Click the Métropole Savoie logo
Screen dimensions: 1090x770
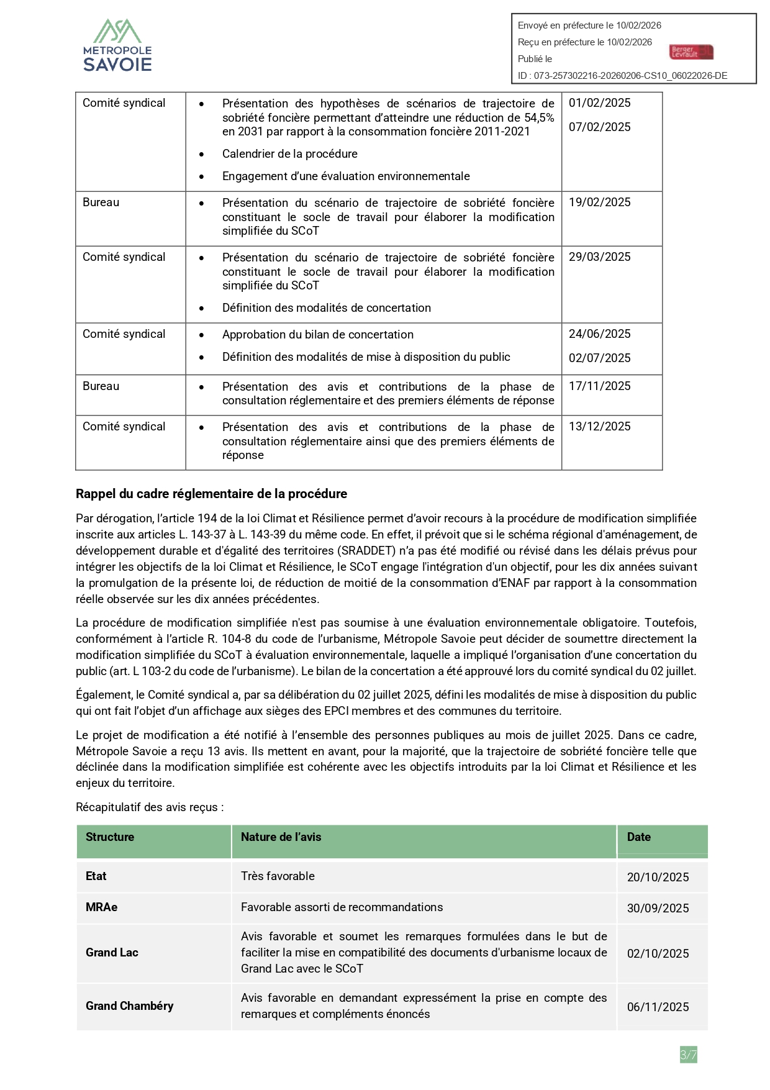point(118,45)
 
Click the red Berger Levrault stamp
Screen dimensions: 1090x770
point(691,52)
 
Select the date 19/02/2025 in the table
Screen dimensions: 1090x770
point(599,202)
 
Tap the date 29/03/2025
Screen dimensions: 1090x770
point(599,257)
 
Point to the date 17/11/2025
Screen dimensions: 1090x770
point(599,386)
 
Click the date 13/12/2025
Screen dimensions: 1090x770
point(599,427)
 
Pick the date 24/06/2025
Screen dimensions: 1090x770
point(599,334)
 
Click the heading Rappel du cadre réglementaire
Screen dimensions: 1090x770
point(211,494)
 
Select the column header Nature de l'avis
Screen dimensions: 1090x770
point(281,837)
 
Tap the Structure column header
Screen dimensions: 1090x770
point(110,837)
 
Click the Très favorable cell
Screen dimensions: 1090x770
point(278,876)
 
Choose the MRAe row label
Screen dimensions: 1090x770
point(101,907)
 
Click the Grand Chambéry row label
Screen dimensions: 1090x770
point(129,1006)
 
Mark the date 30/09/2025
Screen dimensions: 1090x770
point(658,909)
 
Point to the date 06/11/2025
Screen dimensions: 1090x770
point(658,1007)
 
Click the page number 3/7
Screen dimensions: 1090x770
point(688,1055)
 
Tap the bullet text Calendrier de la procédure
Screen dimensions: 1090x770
point(289,154)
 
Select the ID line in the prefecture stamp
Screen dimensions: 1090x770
point(622,76)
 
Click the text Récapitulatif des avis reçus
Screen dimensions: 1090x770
point(150,807)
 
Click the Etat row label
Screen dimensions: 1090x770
point(96,876)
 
